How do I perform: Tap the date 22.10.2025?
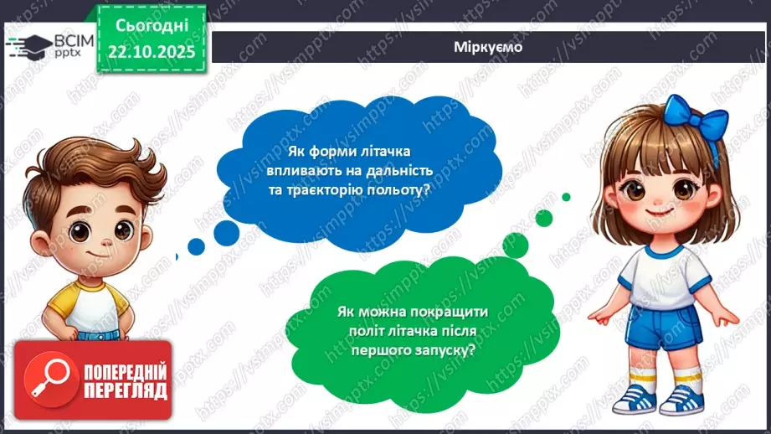click(x=151, y=50)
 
